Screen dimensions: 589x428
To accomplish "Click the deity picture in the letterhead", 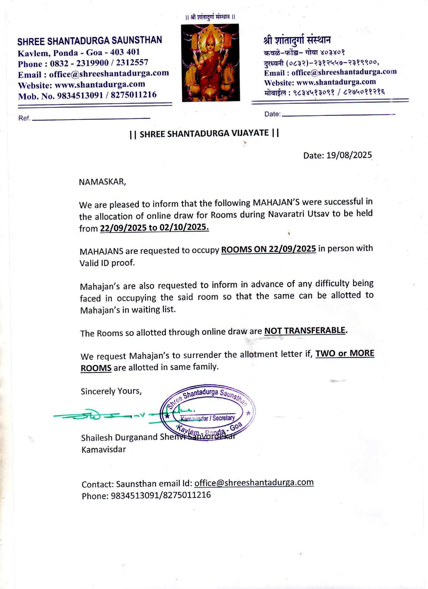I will (210, 63).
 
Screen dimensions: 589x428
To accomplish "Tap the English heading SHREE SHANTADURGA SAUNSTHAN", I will (90, 41).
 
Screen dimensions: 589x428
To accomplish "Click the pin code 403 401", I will (125, 52).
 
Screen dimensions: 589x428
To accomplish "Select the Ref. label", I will (24, 118).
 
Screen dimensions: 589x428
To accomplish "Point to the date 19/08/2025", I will (349, 155).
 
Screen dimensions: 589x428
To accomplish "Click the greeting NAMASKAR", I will (102, 182).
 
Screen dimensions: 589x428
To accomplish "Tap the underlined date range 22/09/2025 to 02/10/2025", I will (154, 228).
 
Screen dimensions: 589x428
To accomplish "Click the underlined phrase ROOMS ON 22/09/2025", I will (269, 249).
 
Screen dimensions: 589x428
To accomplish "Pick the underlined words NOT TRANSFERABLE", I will (305, 331).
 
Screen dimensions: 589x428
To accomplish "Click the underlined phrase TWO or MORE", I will (345, 353).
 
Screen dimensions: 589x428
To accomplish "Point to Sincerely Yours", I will (111, 391).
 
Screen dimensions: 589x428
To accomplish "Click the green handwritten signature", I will (101, 415).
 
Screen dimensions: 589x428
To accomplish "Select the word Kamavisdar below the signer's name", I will (104, 450).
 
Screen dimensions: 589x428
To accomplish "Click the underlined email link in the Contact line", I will (254, 483).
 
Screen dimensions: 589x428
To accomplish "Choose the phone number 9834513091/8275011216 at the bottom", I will (161, 495).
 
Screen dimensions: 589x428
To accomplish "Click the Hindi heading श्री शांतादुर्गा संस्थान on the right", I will (297, 40).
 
